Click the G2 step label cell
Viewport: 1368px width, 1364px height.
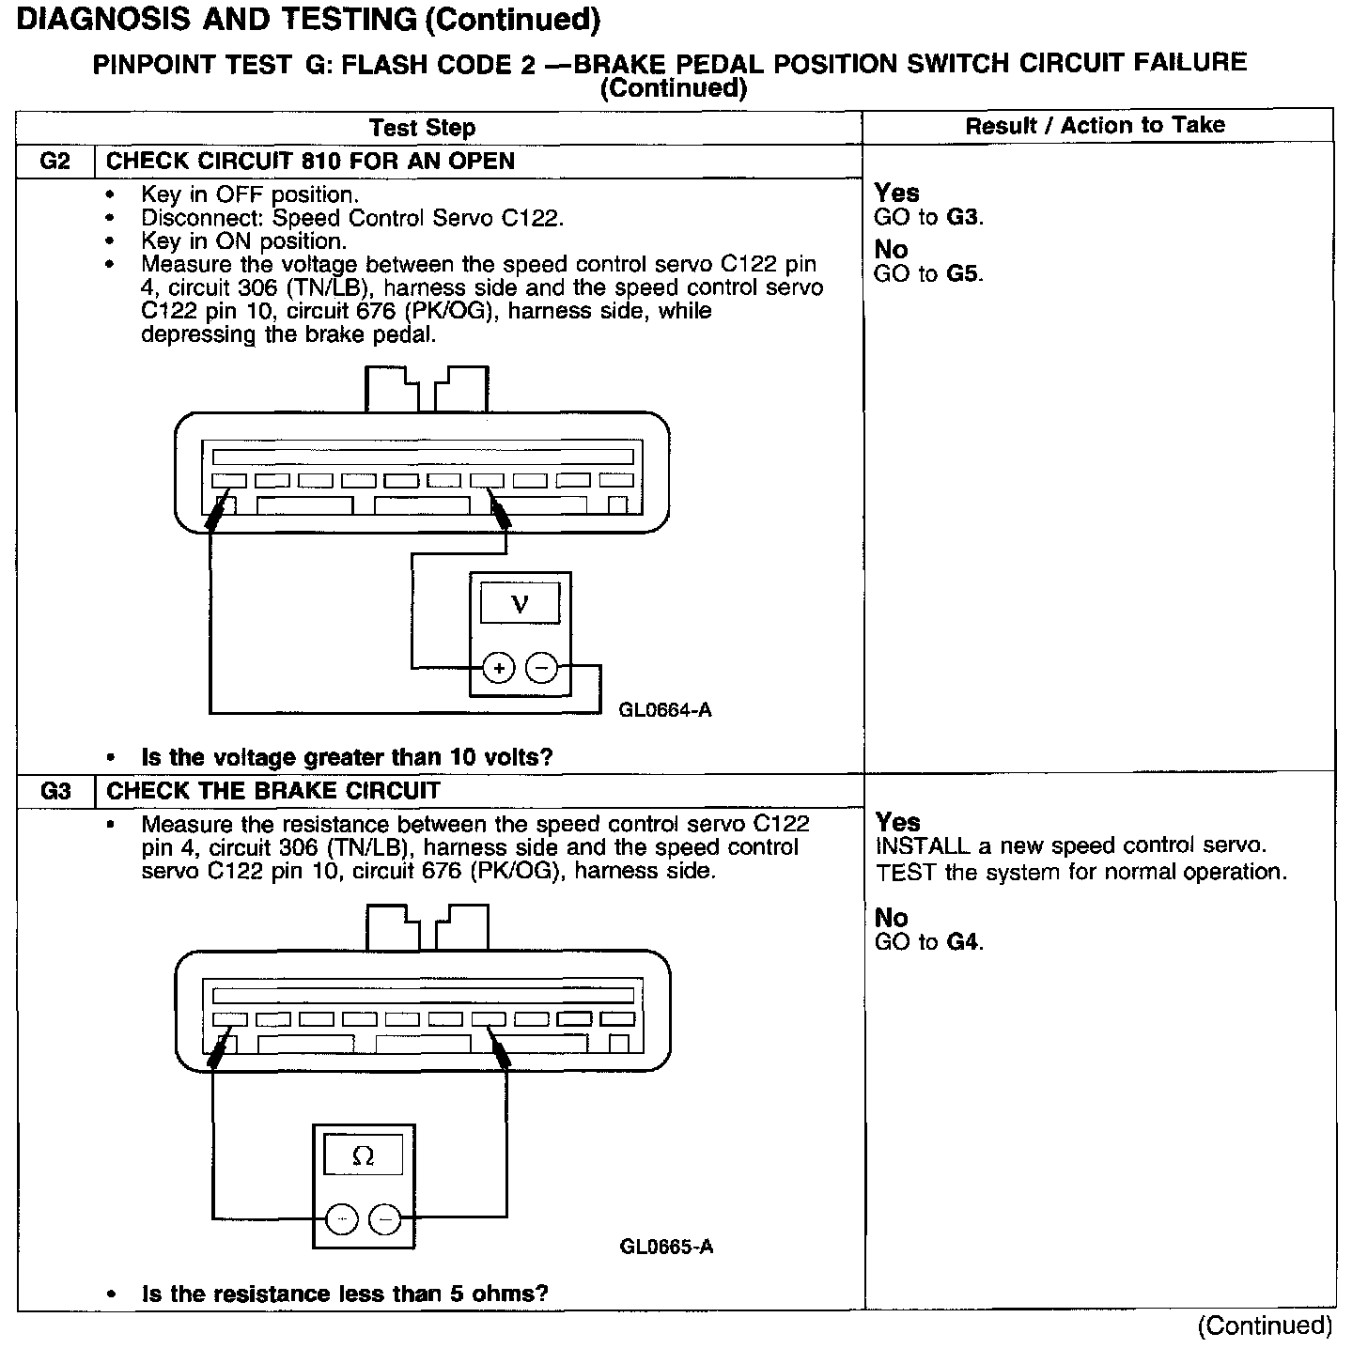click(55, 162)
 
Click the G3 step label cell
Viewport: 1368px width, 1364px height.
click(55, 791)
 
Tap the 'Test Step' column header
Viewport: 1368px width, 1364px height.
click(422, 128)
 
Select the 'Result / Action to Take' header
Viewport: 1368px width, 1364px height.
click(1095, 126)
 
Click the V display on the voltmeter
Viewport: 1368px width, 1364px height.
click(520, 603)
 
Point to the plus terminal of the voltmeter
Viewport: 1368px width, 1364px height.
click(499, 668)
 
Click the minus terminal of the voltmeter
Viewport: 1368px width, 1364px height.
click(541, 668)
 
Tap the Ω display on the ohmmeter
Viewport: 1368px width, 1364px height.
click(363, 1155)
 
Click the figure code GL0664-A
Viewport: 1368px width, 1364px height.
click(665, 710)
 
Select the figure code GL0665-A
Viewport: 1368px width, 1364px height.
click(666, 1247)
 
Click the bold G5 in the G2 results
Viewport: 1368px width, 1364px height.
click(964, 274)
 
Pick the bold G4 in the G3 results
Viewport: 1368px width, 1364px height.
click(964, 942)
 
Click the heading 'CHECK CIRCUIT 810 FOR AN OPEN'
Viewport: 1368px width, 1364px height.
click(310, 162)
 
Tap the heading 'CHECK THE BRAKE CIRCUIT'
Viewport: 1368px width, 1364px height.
click(273, 791)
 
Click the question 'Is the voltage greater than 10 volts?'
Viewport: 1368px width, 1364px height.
click(347, 757)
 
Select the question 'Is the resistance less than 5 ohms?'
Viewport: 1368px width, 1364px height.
click(345, 1294)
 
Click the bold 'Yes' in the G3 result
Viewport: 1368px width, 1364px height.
click(897, 822)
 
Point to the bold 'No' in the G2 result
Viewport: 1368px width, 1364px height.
click(891, 250)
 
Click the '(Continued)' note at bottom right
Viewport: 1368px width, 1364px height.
click(1265, 1325)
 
